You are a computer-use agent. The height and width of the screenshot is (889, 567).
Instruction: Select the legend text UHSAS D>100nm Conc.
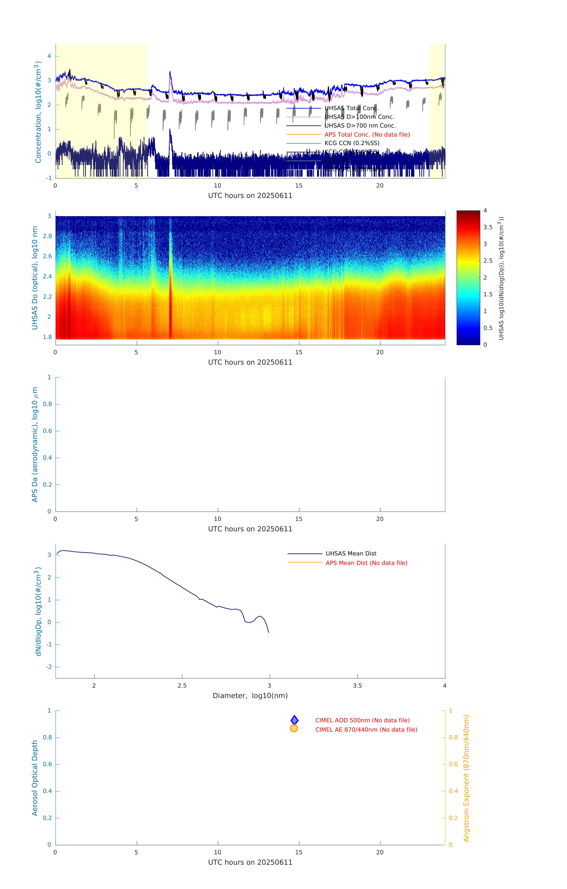[x=359, y=117]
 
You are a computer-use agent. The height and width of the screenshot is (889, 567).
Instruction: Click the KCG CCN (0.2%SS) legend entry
[x=352, y=143]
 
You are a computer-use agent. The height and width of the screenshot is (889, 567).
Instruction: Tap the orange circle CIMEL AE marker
[x=294, y=728]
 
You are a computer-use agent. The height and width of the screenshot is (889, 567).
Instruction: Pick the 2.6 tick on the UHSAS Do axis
[x=47, y=256]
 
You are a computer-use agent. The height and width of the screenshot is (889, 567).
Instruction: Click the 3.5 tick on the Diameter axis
[x=357, y=686]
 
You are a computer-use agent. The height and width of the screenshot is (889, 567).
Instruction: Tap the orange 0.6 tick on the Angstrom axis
[x=453, y=764]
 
